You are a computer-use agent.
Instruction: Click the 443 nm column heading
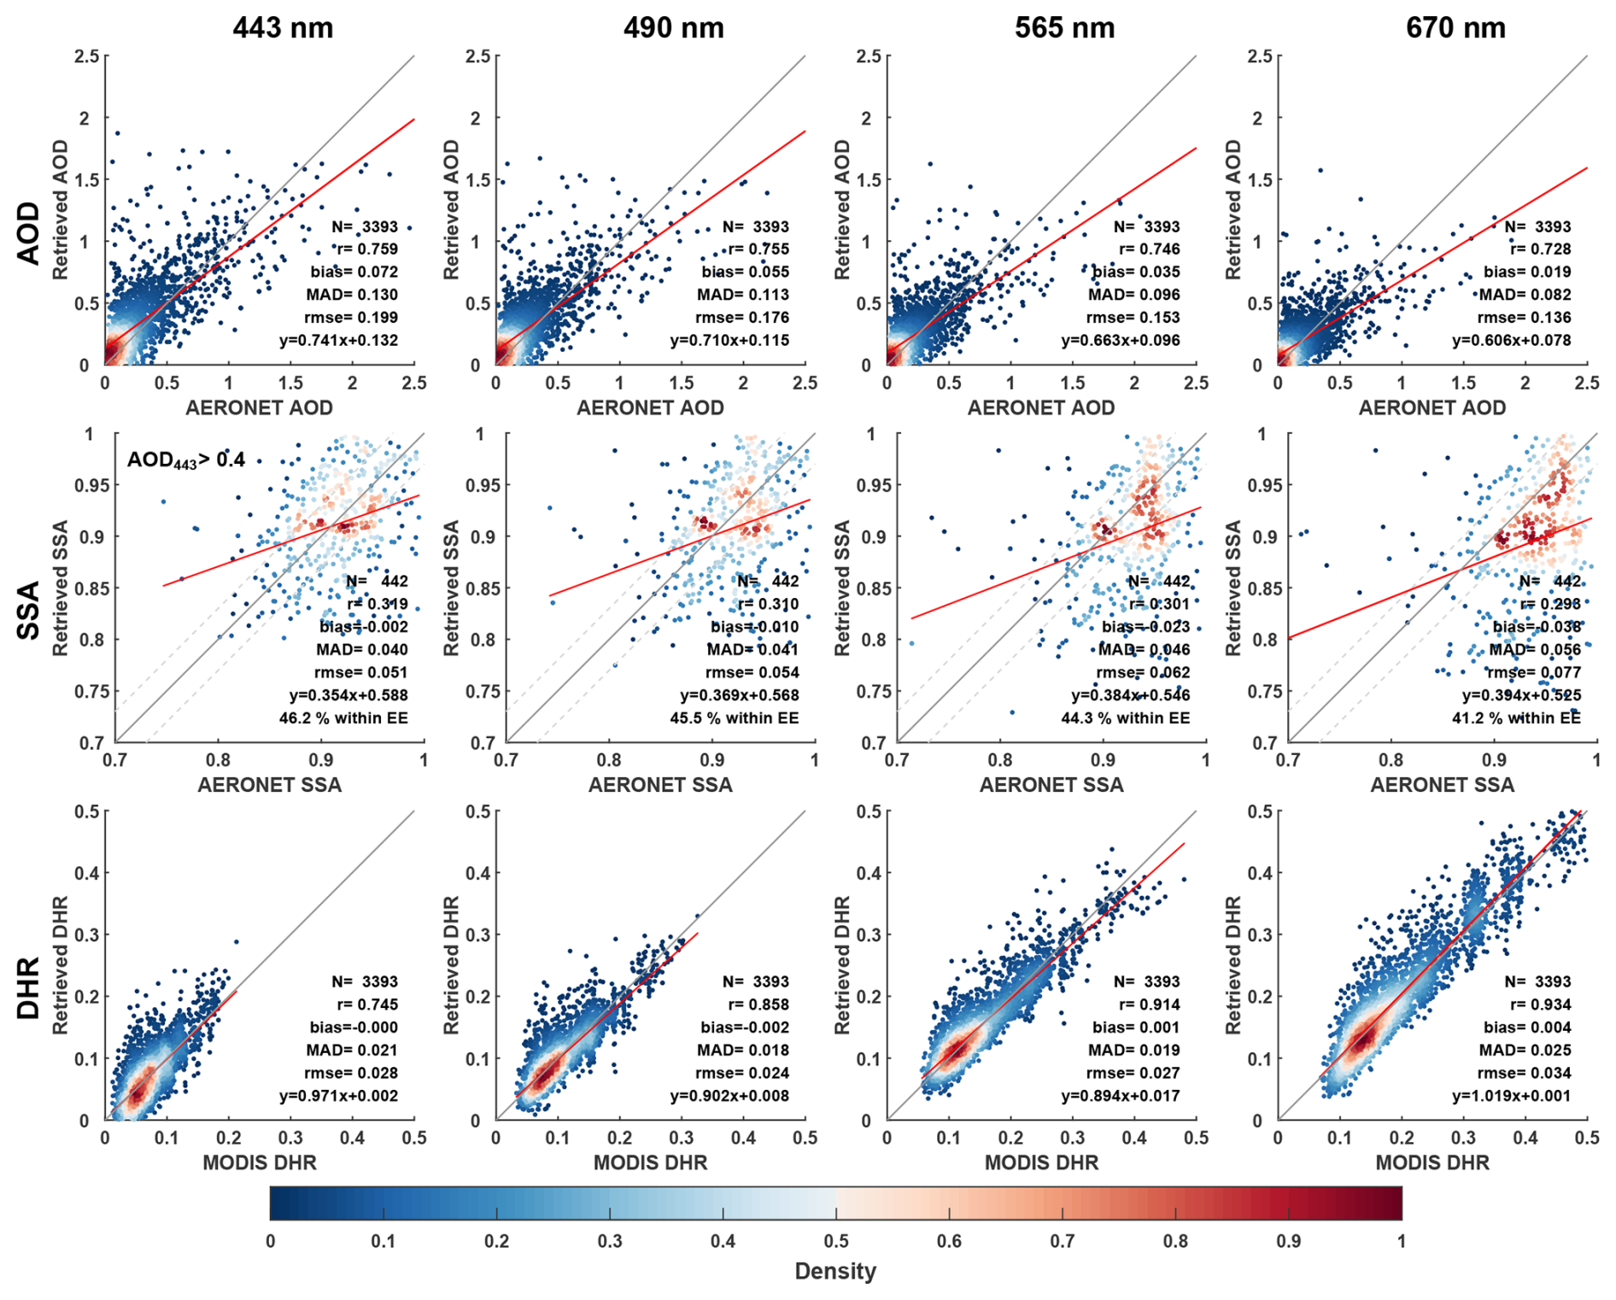283,28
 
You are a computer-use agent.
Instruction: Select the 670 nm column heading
1455,28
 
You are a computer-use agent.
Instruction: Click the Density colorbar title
834,1271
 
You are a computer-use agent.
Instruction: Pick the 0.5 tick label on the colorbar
836,1241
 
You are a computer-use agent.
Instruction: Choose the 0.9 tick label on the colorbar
1288,1241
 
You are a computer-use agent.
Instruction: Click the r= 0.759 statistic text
365,249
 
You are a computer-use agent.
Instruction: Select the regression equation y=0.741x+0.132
338,340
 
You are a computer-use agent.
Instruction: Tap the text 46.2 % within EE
343,718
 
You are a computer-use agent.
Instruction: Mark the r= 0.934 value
1539,1004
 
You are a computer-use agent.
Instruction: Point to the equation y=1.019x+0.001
1511,1096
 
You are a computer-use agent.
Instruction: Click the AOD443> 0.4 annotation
186,460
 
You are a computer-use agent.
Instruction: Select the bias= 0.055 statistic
746,272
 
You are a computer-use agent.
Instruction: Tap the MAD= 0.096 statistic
1133,295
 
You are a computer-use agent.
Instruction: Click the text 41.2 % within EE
1516,718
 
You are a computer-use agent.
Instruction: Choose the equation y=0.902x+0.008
729,1096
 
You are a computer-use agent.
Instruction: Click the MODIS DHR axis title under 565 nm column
1041,1162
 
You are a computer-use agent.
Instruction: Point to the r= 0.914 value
1148,1004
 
